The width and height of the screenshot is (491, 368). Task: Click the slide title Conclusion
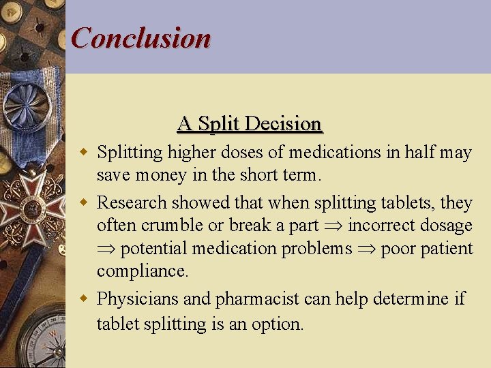pyautogui.click(x=141, y=37)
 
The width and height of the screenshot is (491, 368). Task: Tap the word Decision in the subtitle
pyautogui.click(x=283, y=124)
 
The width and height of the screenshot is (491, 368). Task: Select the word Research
pyautogui.click(x=132, y=202)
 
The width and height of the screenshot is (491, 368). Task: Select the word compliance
pyautogui.click(x=142, y=271)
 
